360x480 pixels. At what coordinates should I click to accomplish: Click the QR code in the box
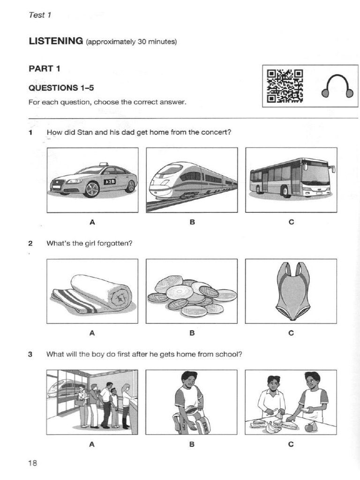(285, 86)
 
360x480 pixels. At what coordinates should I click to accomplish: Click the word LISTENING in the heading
(55, 41)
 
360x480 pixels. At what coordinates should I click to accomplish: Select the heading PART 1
(44, 69)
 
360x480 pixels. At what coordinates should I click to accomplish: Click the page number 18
(32, 463)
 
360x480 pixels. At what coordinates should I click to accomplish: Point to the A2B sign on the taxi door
(110, 181)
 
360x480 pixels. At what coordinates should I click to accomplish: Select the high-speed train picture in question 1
(192, 180)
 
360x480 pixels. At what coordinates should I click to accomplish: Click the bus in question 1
(291, 178)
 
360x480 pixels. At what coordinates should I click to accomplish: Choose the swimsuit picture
(292, 290)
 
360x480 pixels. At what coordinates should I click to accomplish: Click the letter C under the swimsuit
(291, 333)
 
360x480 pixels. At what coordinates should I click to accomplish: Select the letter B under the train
(192, 222)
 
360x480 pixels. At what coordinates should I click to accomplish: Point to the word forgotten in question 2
(115, 243)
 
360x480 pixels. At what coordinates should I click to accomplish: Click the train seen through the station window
(61, 389)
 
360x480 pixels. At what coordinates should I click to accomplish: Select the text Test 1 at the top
(40, 15)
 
